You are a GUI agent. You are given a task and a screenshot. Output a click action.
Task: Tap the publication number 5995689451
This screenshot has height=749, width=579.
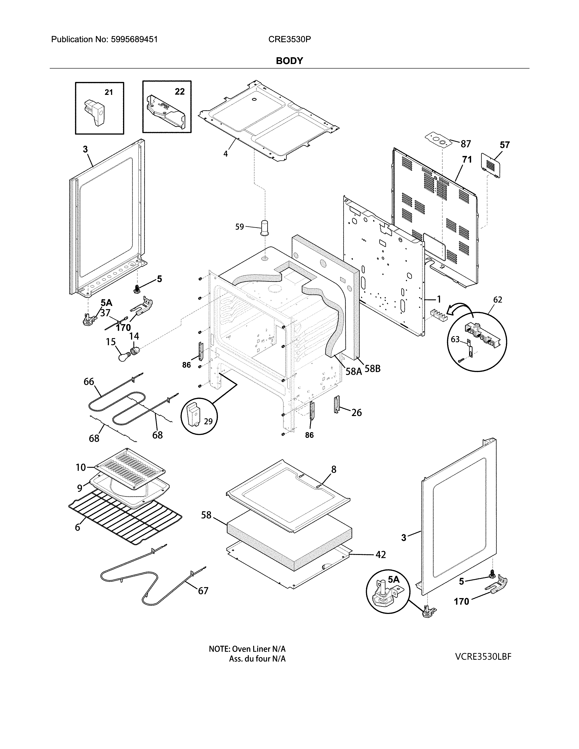(134, 39)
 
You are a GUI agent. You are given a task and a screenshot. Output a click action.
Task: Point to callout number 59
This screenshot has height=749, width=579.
(239, 227)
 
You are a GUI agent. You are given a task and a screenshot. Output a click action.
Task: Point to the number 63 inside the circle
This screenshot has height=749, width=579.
(455, 339)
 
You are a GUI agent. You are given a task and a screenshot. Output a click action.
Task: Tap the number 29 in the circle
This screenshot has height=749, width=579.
(208, 421)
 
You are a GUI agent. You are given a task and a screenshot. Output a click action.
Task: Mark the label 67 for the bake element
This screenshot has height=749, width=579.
(203, 591)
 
